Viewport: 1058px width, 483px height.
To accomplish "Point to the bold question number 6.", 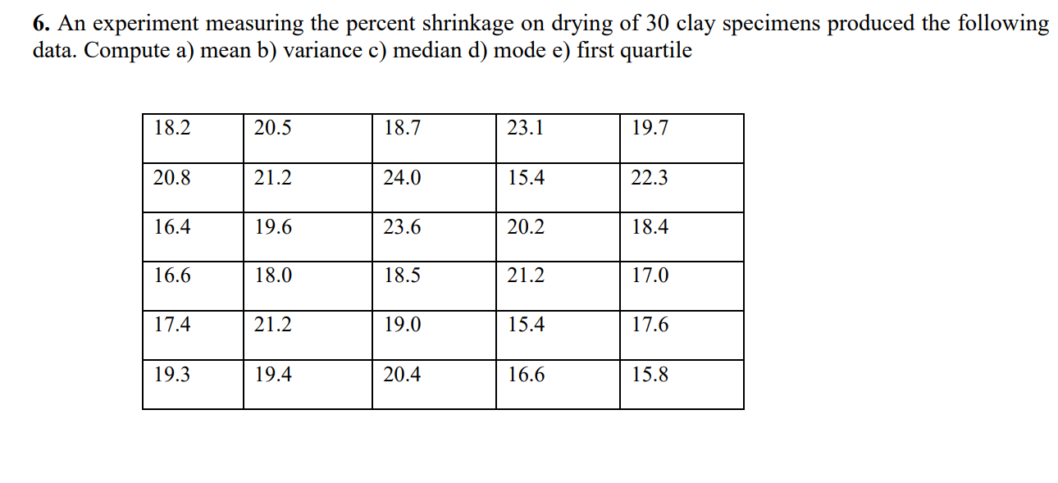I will point(39,24).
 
